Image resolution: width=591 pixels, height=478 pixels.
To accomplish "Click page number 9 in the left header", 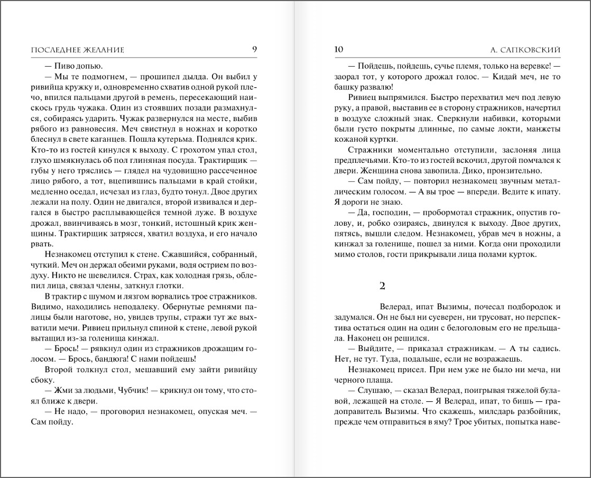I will pos(254,50).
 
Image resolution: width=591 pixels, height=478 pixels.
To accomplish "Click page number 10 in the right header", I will pos(339,50).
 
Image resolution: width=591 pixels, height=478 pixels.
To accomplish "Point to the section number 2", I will pos(383,286).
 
